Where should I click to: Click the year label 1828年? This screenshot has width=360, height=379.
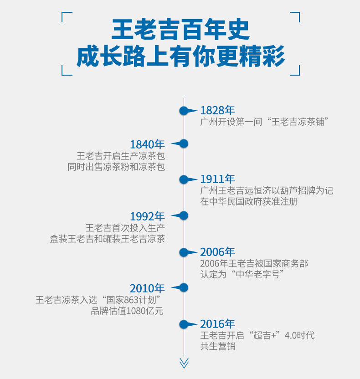pyautogui.click(x=217, y=110)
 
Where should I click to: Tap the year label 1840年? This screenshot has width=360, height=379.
pyautogui.click(x=147, y=144)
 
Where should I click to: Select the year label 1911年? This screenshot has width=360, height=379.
pyautogui.click(x=217, y=179)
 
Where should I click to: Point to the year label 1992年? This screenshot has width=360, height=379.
pyautogui.click(x=147, y=216)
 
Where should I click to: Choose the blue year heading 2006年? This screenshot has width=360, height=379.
pyautogui.click(x=217, y=252)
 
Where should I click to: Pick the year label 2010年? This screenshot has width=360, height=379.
pyautogui.click(x=147, y=288)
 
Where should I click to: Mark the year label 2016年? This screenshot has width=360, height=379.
pyautogui.click(x=217, y=324)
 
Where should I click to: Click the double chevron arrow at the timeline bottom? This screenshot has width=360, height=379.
pyautogui.click(x=184, y=363)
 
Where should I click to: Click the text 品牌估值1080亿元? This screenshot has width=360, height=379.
pyautogui.click(x=127, y=311)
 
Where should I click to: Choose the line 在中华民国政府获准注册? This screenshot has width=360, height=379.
pyautogui.click(x=249, y=201)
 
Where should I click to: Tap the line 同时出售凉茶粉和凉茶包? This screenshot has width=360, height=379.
pyautogui.click(x=116, y=167)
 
